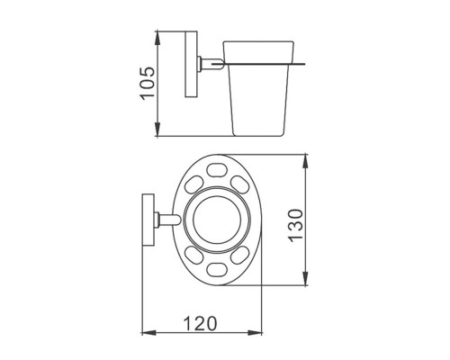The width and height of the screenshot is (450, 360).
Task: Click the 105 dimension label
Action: tap(148, 83)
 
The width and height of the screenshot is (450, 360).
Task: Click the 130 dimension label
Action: tap(295, 225)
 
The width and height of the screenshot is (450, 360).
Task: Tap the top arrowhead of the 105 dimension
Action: tap(157, 38)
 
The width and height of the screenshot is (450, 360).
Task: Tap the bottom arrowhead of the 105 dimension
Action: tap(157, 129)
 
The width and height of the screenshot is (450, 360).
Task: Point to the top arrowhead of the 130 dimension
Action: tap(306, 161)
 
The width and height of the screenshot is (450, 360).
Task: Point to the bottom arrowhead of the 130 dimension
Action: tap(306, 278)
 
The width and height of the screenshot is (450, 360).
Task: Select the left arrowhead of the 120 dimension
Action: tap(148, 332)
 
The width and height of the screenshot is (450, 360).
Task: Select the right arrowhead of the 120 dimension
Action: tap(255, 332)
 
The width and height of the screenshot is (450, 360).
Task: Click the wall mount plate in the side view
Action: tap(191, 64)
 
